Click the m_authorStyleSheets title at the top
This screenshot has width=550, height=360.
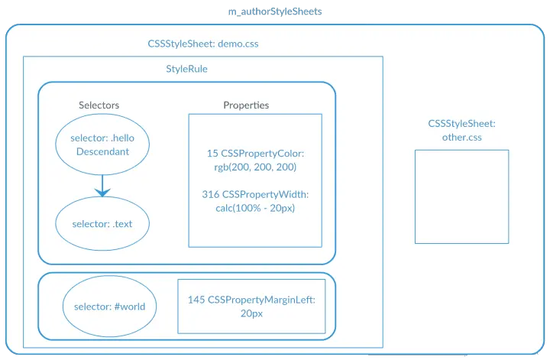275,11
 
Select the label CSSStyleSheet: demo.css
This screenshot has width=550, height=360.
203,44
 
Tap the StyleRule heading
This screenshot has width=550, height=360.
186,69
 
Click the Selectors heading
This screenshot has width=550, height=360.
99,105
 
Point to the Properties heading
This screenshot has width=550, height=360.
246,105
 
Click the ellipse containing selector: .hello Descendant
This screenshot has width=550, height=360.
102,146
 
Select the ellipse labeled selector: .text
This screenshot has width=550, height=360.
102,224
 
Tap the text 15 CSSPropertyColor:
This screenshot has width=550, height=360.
255,154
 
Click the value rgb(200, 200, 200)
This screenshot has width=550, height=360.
255,167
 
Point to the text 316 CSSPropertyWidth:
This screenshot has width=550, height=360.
255,194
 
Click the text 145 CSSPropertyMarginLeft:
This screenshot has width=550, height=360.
251,300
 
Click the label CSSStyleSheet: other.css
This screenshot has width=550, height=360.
461,130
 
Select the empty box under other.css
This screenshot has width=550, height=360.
461,196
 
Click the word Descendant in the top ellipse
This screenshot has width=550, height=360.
102,151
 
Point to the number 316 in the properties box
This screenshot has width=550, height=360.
211,194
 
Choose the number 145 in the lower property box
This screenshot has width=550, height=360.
196,300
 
